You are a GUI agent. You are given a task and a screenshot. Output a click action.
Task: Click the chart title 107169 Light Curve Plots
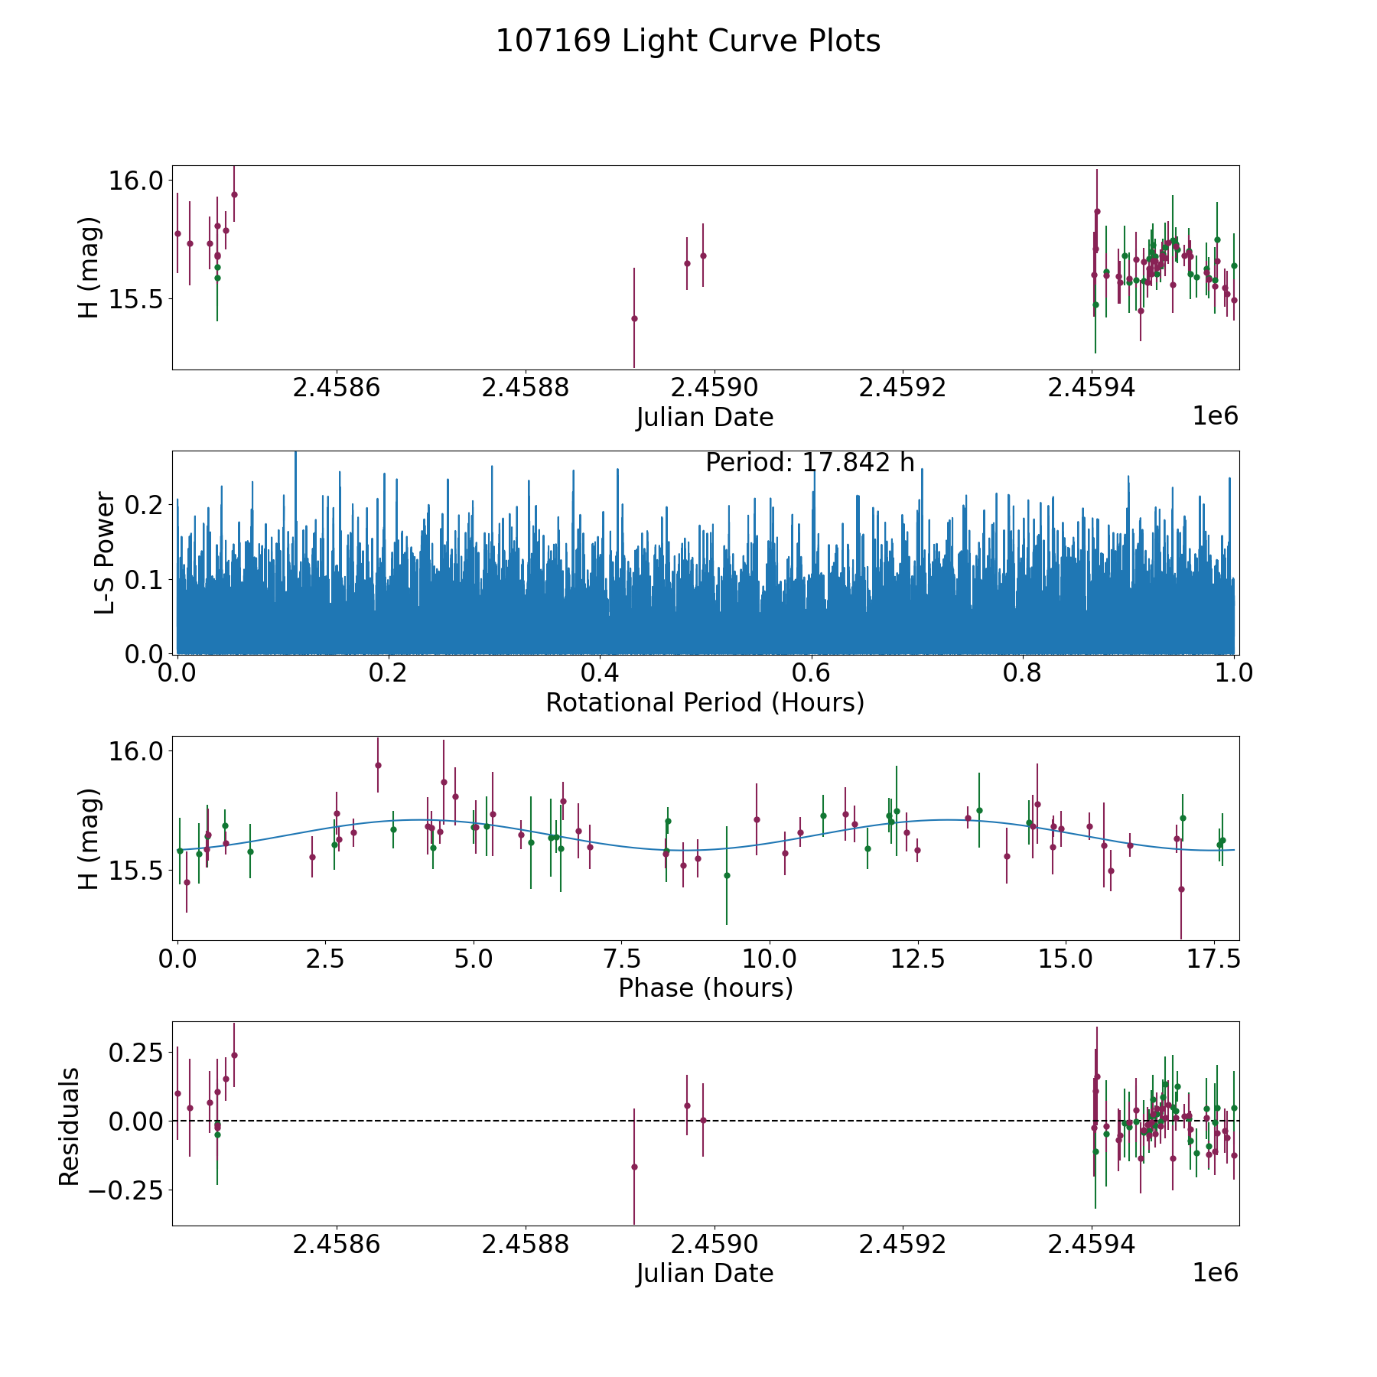688,41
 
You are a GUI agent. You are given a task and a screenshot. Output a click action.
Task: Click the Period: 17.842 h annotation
809,463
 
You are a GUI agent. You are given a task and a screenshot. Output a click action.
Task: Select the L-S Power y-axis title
105,552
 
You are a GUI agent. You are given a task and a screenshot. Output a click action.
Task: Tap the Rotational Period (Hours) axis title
705,702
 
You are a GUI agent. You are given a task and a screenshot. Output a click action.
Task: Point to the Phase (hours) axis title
705,988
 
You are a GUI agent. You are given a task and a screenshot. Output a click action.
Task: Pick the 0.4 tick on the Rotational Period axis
600,673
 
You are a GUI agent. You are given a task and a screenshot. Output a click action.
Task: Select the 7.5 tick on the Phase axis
621,959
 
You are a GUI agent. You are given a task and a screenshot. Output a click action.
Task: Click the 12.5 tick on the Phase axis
916,959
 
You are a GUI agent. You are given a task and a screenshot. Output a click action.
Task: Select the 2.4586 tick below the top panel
336,388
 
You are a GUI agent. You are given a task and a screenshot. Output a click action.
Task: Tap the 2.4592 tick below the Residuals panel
903,1244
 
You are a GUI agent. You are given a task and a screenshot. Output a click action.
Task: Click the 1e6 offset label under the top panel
1215,416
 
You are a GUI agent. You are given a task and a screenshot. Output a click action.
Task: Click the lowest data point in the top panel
634,318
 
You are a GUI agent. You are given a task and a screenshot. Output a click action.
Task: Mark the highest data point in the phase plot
378,765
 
